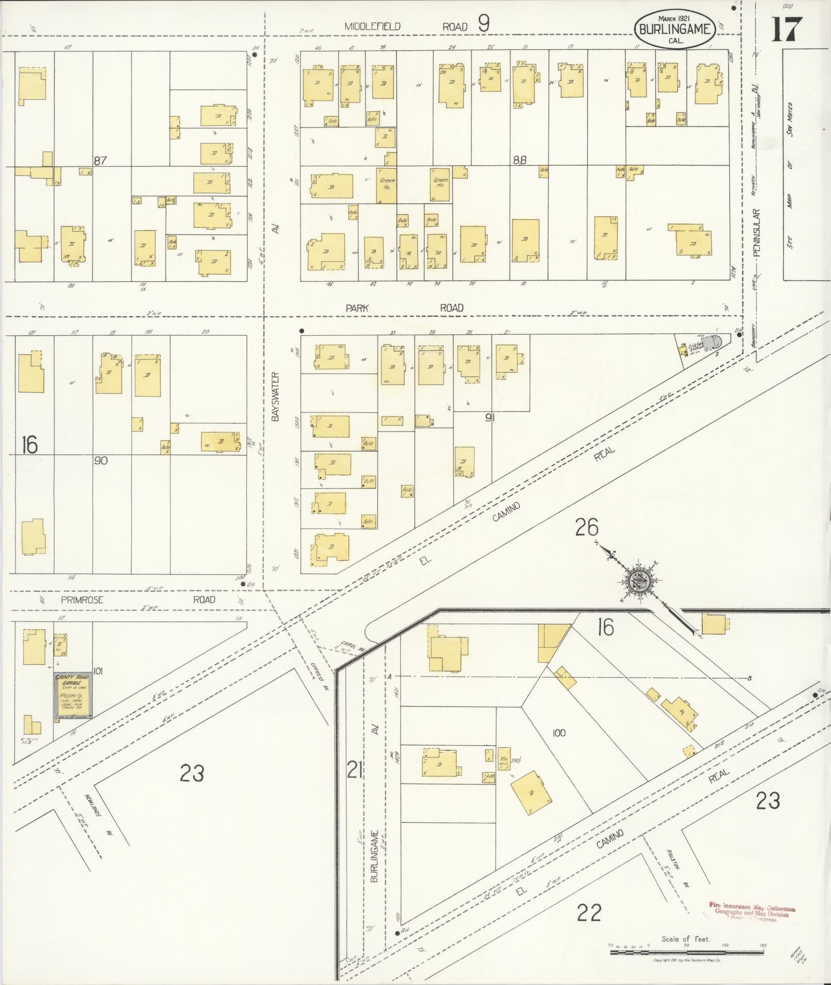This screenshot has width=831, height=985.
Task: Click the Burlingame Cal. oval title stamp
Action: coord(674,29)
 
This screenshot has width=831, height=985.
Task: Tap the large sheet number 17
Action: coord(786,30)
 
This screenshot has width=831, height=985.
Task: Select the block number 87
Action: coord(100,161)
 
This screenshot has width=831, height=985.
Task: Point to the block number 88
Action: coord(519,160)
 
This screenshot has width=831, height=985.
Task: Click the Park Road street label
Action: coord(404,308)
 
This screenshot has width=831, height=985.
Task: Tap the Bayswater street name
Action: coord(275,397)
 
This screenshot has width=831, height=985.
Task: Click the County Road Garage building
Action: coord(74,695)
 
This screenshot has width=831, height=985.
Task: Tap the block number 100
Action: coord(558,732)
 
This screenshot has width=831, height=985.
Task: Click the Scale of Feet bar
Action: coord(687,953)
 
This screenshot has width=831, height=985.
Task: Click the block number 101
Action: coord(98,671)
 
